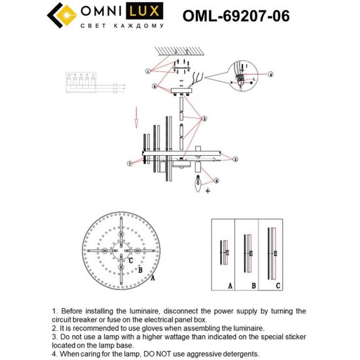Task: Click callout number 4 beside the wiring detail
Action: [270, 75]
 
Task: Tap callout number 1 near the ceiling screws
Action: [149, 70]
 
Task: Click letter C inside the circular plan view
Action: [132, 261]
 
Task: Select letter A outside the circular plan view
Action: [153, 278]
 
